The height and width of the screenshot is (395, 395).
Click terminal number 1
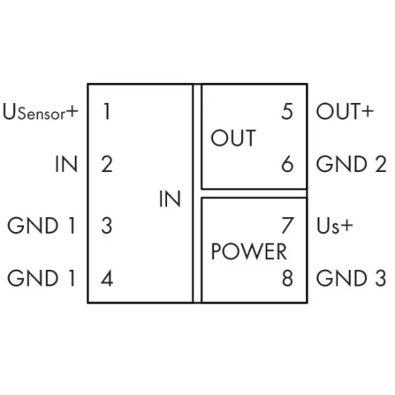click(x=107, y=112)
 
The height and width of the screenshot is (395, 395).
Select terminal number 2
click(x=107, y=165)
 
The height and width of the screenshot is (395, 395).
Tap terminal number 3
click(x=107, y=225)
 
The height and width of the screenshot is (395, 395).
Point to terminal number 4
click(x=107, y=278)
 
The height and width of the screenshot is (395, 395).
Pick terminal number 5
click(x=287, y=112)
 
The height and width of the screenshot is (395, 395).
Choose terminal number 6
click(x=287, y=165)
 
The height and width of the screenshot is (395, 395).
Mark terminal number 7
click(x=287, y=225)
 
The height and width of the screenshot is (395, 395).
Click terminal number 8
click(x=287, y=278)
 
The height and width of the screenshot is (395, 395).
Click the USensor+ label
click(x=40, y=112)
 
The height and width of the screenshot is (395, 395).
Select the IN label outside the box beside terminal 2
click(x=66, y=165)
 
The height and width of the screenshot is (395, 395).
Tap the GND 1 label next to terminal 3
click(x=41, y=225)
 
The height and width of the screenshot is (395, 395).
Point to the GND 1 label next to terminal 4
click(x=41, y=278)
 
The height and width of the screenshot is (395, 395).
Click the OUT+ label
click(x=345, y=112)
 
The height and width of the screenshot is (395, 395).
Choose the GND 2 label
click(x=351, y=165)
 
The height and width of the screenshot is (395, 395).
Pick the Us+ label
click(x=335, y=226)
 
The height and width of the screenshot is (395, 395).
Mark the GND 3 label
click(x=351, y=278)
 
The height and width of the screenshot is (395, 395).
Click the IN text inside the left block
click(x=170, y=199)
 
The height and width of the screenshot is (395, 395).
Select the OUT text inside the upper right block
click(x=234, y=138)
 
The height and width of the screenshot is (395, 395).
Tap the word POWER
click(x=249, y=252)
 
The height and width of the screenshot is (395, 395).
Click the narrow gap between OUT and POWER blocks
click(x=254, y=193)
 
